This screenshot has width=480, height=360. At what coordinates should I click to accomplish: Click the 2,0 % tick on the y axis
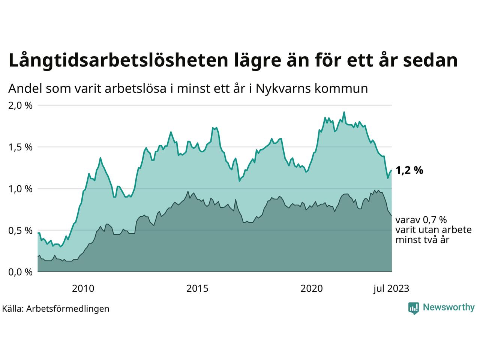point(20,105)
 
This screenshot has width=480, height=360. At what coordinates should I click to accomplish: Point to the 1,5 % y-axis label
point(20,147)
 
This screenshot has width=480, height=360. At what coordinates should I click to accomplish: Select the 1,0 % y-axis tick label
point(20,189)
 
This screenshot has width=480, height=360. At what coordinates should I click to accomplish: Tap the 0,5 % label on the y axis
point(20,230)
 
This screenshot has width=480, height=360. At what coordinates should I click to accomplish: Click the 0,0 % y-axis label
point(20,272)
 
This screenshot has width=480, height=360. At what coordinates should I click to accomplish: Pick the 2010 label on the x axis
point(83,288)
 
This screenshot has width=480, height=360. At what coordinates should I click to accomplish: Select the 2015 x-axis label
point(197,288)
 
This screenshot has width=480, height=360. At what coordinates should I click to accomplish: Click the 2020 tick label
point(312,288)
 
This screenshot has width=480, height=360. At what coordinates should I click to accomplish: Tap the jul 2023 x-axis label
point(391,288)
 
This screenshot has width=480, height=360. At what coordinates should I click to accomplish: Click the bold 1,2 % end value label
point(409,171)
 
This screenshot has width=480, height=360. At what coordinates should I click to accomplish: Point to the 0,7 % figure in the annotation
point(435,220)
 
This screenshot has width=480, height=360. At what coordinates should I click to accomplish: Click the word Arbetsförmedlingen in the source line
point(68,309)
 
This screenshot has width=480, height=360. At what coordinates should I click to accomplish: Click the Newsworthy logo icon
point(414,308)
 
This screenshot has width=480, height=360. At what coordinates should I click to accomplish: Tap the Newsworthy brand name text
point(448,307)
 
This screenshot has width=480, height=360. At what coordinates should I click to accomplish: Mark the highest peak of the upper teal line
point(344,112)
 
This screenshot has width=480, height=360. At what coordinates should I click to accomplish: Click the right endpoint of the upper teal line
point(391,170)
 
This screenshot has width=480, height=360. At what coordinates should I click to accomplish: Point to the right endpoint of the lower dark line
point(391,216)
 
